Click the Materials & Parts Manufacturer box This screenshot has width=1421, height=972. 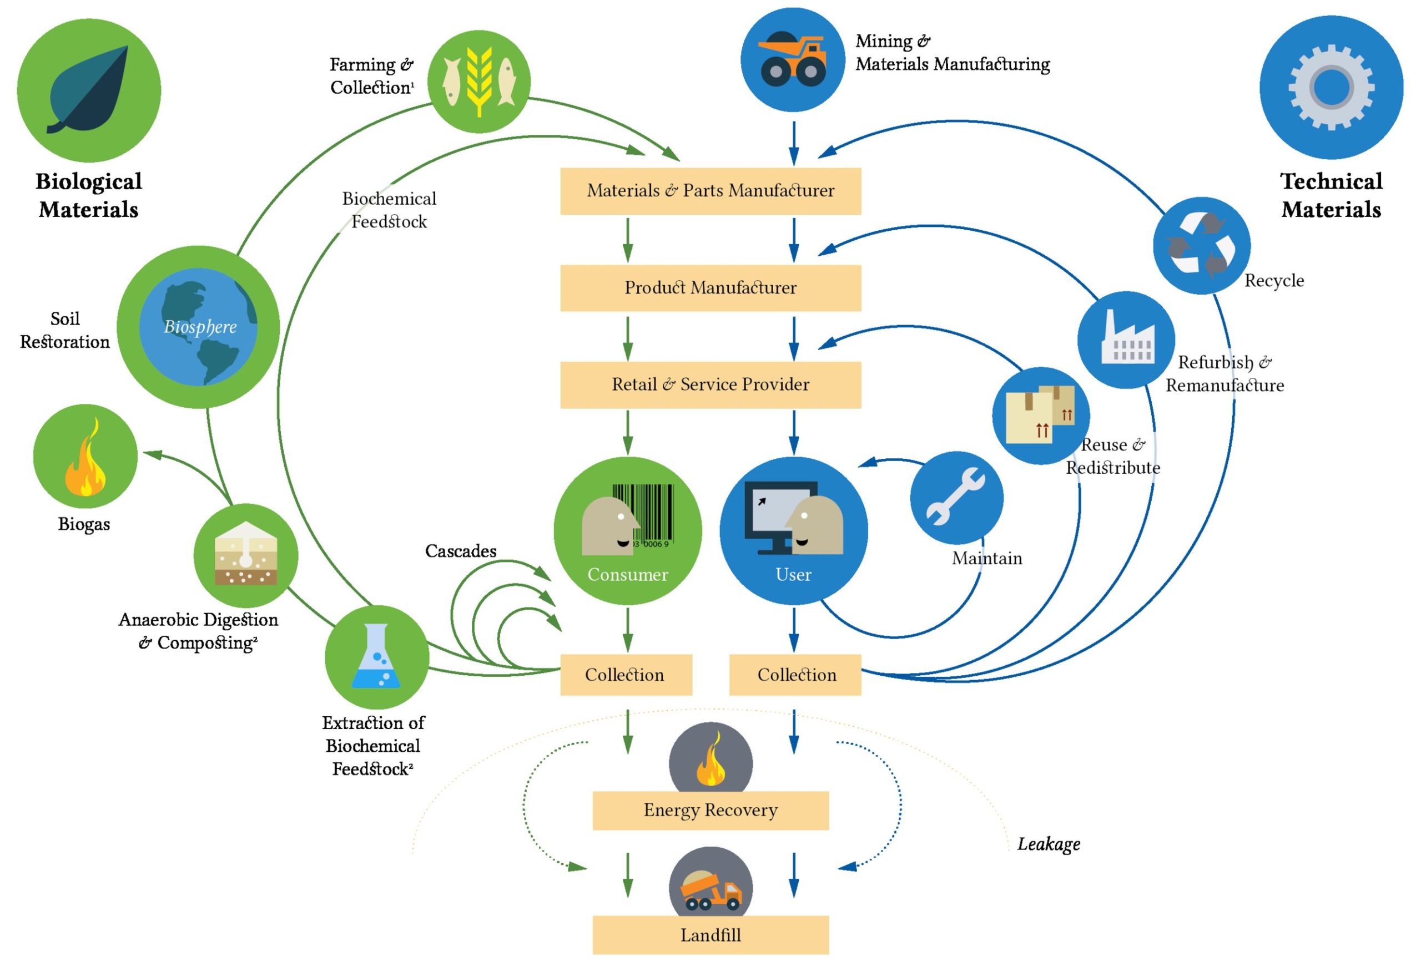710,191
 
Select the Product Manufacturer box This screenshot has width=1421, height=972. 710,288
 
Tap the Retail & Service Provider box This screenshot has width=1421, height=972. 710,384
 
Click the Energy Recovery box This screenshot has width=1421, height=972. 710,810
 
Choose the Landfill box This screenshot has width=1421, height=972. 710,935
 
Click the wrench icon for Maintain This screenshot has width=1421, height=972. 956,497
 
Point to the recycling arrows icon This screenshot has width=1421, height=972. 1202,245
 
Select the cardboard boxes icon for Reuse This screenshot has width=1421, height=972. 1041,415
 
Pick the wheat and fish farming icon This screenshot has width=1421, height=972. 479,82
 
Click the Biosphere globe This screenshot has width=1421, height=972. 198,327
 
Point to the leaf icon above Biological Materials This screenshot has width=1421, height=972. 89,90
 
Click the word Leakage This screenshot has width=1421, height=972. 1049,844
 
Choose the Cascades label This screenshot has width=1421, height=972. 460,551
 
